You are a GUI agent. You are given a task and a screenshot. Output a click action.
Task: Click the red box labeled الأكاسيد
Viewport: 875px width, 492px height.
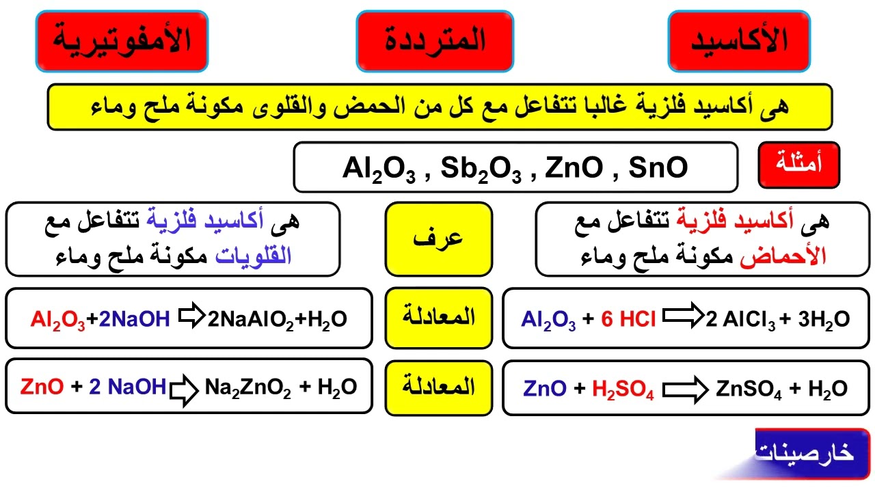[x=738, y=41]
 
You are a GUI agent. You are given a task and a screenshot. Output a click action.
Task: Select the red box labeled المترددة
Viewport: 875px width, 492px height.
[x=435, y=41]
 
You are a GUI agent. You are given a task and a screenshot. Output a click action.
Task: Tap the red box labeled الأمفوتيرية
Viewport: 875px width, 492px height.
[x=122, y=41]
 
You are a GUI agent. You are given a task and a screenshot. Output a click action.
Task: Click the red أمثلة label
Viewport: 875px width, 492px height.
[x=799, y=165]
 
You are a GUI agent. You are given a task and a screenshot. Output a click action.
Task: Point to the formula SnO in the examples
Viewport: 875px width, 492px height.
[x=658, y=167]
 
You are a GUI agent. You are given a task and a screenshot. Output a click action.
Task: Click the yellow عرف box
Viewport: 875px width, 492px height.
[x=438, y=238]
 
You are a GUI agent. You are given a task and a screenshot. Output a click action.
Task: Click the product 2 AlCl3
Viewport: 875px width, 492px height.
[x=742, y=319]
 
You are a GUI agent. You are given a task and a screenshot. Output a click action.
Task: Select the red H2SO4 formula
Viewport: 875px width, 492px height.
[x=623, y=389]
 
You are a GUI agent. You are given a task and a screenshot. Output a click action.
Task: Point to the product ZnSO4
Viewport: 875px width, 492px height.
[x=749, y=389]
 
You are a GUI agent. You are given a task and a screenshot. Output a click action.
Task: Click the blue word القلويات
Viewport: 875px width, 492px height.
[x=254, y=256]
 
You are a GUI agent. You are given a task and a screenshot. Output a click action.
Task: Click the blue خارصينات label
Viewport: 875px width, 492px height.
[x=807, y=452]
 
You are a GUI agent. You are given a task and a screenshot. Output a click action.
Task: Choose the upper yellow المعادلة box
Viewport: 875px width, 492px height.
[x=438, y=318]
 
